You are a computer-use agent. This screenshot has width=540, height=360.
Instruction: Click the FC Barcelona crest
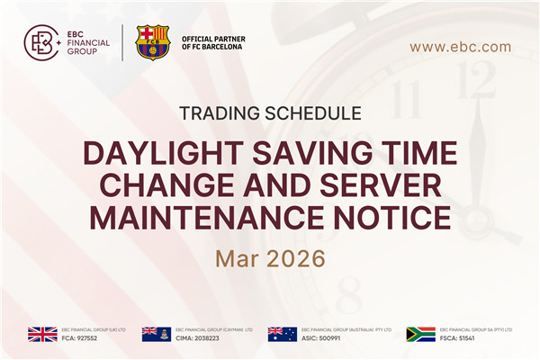[x=152, y=42]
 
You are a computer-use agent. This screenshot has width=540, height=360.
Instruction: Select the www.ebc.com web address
[x=460, y=47]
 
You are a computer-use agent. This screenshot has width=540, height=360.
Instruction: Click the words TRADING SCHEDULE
[x=270, y=114]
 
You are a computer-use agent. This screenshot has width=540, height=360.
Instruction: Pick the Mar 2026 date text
[x=270, y=258]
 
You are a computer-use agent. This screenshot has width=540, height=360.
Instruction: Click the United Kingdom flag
[x=42, y=334]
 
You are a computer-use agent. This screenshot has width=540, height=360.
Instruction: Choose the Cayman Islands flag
[x=157, y=334]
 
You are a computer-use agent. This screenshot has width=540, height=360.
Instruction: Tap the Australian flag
[x=283, y=334]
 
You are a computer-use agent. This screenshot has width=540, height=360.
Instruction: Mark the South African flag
[x=420, y=334]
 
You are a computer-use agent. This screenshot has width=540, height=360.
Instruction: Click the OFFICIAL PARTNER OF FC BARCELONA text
[x=213, y=43]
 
